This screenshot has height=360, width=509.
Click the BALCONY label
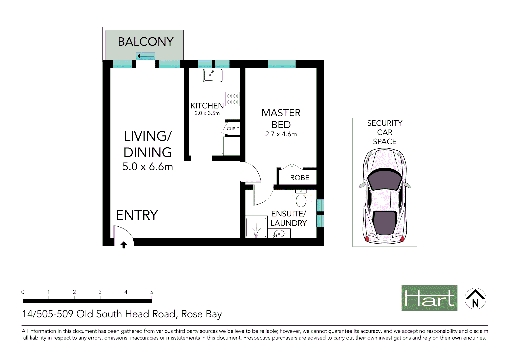pos(146,42)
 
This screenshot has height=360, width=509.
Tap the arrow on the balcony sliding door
pos(145,56)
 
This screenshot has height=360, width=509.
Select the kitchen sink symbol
pos(213,76)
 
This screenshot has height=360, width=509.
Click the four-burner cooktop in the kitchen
pos(233,99)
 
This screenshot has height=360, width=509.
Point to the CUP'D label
pos(233,129)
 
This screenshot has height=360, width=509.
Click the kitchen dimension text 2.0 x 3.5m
pos(207,113)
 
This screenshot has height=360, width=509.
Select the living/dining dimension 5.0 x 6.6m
pos(148,166)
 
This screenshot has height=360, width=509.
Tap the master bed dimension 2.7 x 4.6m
pos(281,134)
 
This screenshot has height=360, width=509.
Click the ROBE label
pos(300,178)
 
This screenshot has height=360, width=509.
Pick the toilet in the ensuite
pos(301,199)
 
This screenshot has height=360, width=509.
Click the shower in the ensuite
pos(256,227)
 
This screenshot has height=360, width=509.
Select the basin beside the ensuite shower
pos(278,234)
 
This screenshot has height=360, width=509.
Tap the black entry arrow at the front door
pos(124,245)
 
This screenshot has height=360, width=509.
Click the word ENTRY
pos(137,215)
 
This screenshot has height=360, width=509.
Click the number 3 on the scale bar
pos(100,292)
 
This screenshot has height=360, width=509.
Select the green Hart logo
pos(429,298)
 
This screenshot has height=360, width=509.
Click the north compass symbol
pos(475,298)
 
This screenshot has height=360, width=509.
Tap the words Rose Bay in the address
pos(201,314)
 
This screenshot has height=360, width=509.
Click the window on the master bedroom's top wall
pos(281,64)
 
